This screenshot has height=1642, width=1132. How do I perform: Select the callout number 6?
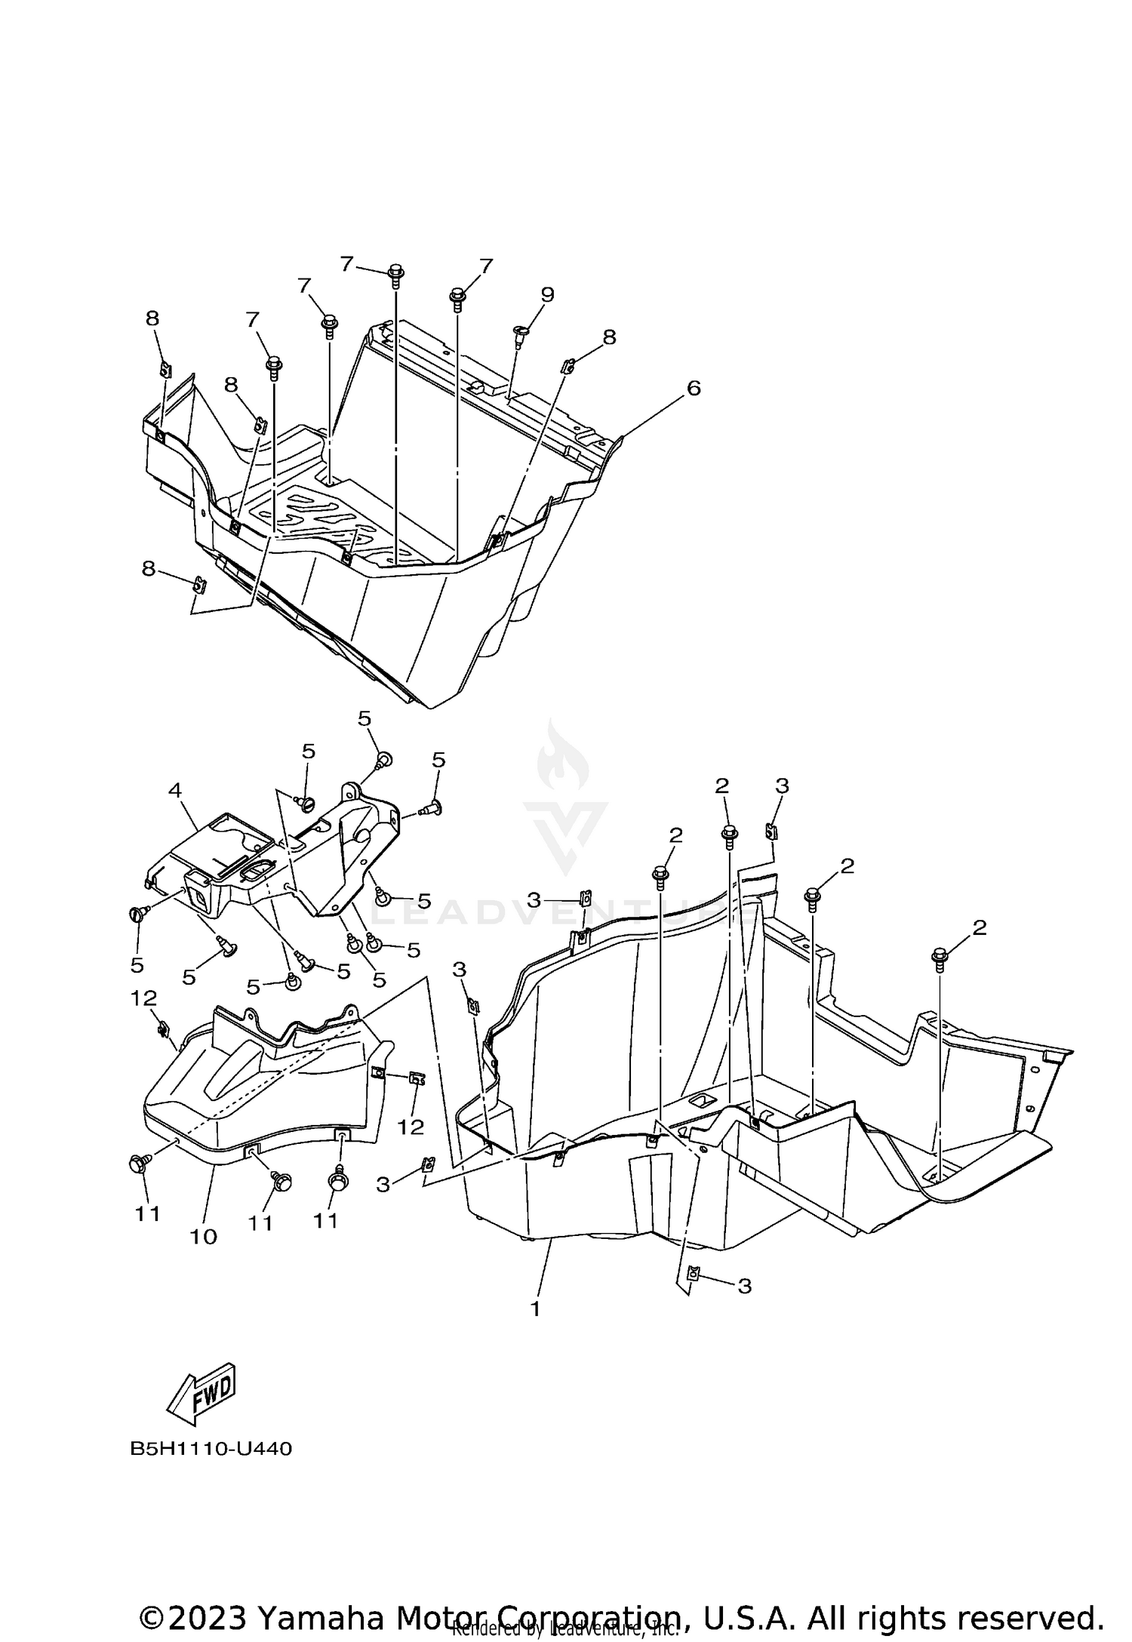click(x=693, y=388)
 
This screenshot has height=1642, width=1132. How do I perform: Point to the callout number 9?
click(x=547, y=294)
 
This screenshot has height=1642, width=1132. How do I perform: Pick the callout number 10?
click(x=204, y=1236)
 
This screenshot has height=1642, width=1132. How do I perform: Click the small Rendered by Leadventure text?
click(x=564, y=1634)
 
